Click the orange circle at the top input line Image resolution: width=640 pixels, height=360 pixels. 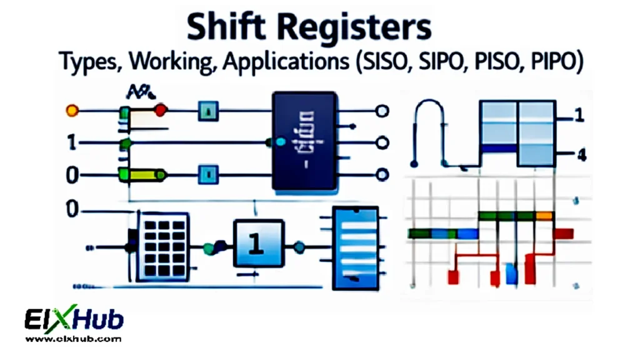pos(72,112)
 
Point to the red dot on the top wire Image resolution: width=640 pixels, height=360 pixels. pos(161,112)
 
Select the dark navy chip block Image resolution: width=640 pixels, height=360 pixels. pos(305,141)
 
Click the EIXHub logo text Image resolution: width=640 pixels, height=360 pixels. pos(74,321)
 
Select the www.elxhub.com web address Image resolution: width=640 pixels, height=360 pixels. pos(74,339)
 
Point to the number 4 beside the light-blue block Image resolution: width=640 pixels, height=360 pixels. pos(580,155)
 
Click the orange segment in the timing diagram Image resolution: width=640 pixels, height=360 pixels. pos(544,216)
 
